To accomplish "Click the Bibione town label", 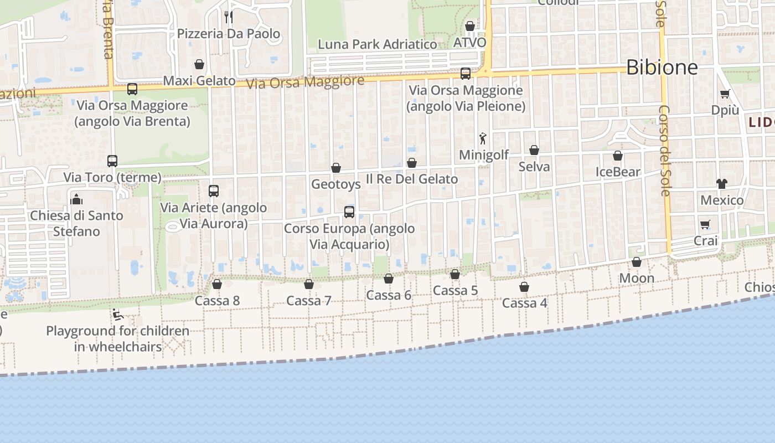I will click(662, 68).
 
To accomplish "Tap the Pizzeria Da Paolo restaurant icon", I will click(228, 17).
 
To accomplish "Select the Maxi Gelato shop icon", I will click(199, 64).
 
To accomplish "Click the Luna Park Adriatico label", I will click(378, 44).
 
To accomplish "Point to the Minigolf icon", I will click(483, 138).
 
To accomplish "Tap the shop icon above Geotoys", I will click(336, 167).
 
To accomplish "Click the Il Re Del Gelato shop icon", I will click(412, 163).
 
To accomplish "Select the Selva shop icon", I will click(534, 150).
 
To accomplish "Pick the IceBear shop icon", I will click(618, 156).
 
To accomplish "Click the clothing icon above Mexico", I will click(722, 183).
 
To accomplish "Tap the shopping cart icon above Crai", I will click(705, 224).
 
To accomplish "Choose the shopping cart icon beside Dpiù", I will click(725, 94).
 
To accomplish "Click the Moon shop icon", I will click(637, 262).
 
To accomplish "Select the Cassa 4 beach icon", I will click(524, 287).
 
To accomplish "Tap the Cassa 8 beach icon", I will click(217, 284).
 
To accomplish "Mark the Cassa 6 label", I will click(389, 295).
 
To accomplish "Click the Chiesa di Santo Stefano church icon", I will click(76, 199).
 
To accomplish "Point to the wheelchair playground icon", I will click(117, 315).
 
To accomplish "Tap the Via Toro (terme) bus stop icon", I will click(112, 161).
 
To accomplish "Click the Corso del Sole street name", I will click(665, 150).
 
